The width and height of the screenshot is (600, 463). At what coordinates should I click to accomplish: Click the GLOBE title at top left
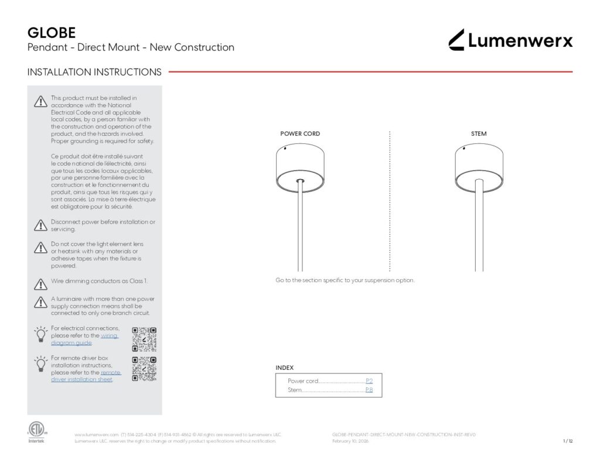pos(52,33)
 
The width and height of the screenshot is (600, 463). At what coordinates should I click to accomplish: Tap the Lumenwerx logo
pos(510,40)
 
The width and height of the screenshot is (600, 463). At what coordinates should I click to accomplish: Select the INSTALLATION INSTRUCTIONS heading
pos(94,72)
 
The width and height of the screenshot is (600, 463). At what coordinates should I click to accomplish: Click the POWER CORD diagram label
pos(300,134)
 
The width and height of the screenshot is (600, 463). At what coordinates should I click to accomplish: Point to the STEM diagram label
pos(479,134)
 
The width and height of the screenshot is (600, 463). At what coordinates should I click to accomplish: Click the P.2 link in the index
pos(369,381)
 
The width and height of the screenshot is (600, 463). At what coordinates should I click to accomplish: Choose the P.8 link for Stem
pos(369,390)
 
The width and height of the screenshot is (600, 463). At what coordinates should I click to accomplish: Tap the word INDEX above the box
pos(285,368)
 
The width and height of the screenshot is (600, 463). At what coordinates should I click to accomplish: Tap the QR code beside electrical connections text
pos(144,339)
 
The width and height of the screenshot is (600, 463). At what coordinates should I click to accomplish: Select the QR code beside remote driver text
pos(144,369)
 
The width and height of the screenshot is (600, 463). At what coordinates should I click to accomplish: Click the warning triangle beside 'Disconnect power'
pos(40,225)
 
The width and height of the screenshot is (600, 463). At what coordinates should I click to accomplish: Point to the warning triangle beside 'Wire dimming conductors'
pos(40,284)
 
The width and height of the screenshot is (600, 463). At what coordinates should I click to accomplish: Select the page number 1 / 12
pos(567,441)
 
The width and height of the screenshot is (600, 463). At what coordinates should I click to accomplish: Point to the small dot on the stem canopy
pos(464,149)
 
